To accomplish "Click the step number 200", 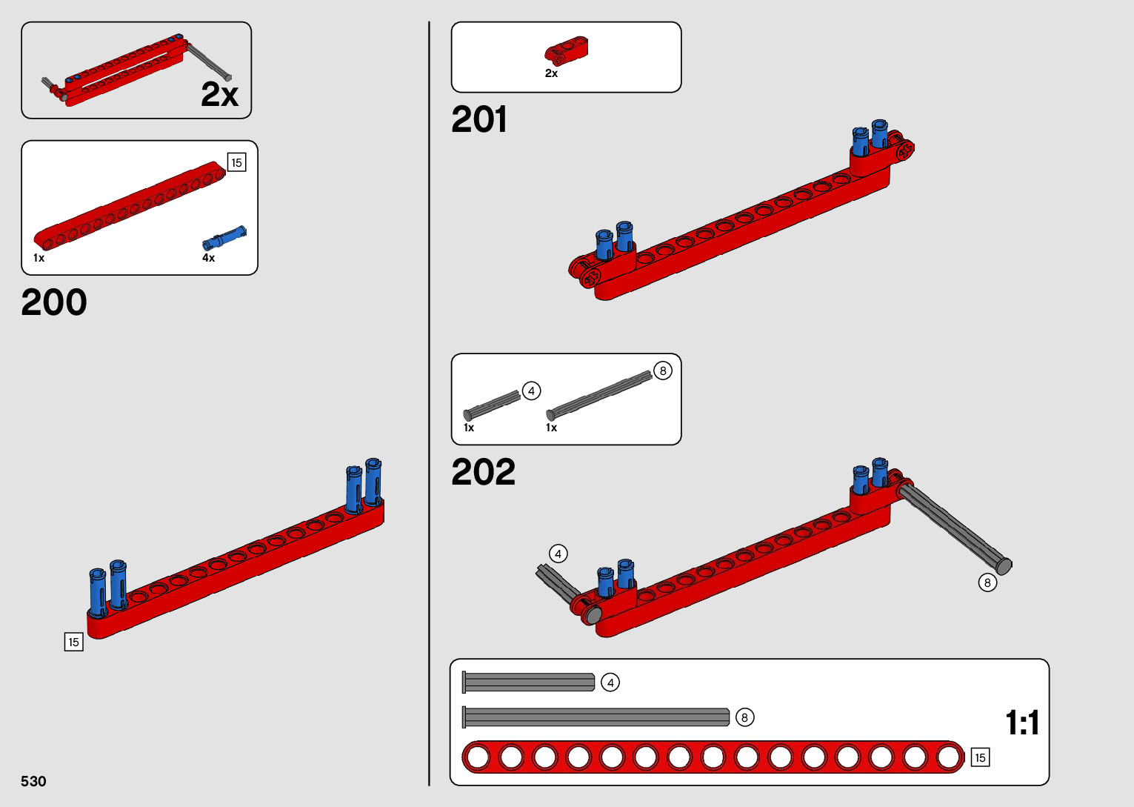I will coord(54,302).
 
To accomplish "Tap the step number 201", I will coord(479,119).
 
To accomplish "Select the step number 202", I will coord(483,472).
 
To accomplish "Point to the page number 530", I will coord(33,781).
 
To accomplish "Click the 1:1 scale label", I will coord(1022,723).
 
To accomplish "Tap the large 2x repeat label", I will coord(219,94).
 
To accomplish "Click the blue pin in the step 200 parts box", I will coord(224,238).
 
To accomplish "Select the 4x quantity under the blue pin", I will coord(208,258).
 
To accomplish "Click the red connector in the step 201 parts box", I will coord(567,50).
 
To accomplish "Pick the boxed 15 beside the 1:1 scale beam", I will coord(980,757).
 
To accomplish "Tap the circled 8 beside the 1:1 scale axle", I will coord(744,717).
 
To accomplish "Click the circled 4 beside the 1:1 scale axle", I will coord(610,682).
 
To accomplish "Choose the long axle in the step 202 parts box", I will coord(598,393).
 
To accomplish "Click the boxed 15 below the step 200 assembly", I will coord(73,642).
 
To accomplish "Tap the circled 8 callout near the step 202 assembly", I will coord(987,582).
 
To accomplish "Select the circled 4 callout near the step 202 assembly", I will coord(558,554).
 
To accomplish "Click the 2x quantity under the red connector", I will coord(551,73).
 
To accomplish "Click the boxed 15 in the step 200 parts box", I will coord(236,162).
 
